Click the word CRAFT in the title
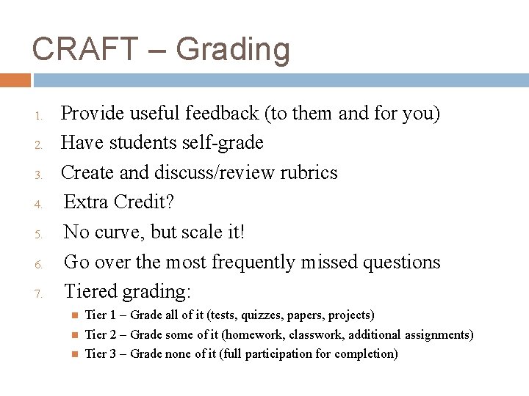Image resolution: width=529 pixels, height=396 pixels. [x=84, y=49]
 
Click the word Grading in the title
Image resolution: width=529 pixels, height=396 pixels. [x=233, y=51]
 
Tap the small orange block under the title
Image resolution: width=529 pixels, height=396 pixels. [x=15, y=80]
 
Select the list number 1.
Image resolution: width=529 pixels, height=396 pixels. [x=43, y=115]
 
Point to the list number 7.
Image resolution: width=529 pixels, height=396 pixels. [x=43, y=294]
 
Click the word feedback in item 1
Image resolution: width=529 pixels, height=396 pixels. [x=223, y=114]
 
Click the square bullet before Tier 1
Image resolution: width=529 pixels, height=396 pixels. [x=73, y=315]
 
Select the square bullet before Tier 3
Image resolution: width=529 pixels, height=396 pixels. [x=73, y=354]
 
